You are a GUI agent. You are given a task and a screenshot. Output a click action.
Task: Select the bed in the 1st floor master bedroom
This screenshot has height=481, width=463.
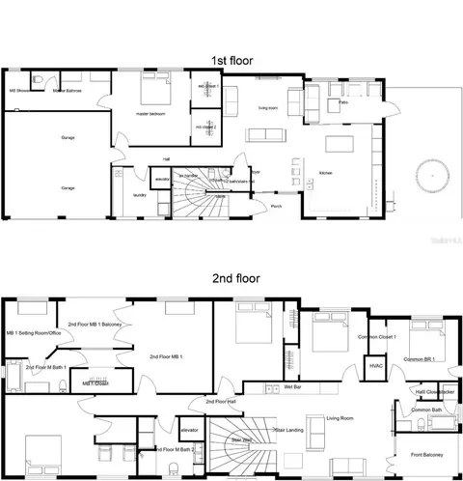[x=154, y=93]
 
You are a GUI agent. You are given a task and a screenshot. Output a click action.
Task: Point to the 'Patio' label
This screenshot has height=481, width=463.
[x=342, y=100]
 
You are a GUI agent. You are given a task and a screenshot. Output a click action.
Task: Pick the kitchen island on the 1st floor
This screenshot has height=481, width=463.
[x=341, y=146]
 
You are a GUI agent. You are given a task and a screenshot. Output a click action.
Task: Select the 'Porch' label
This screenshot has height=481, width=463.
[x=276, y=205]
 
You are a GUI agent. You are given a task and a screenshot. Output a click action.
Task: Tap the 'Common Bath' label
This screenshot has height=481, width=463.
[x=426, y=410]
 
